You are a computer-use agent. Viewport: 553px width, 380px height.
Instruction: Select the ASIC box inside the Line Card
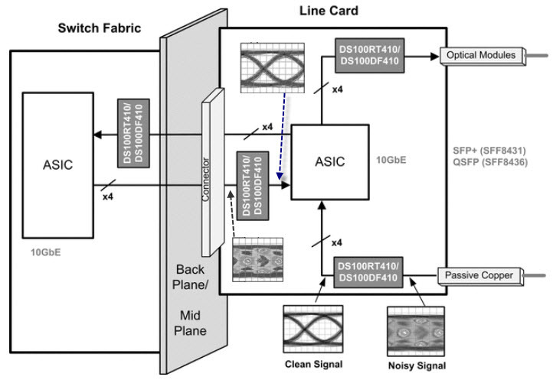pos(329,162)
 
